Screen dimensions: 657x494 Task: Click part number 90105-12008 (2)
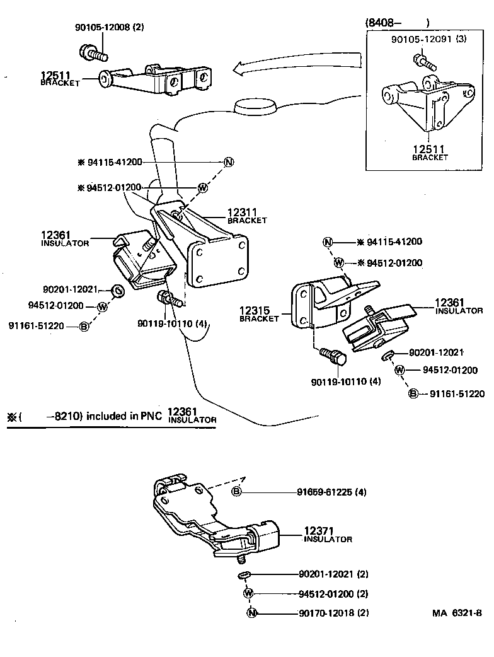point(109,28)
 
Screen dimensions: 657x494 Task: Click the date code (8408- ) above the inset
point(397,23)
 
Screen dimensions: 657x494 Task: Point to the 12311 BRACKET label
point(247,216)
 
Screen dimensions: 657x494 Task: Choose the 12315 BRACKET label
point(259,313)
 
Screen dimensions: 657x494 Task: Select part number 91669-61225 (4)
point(331,492)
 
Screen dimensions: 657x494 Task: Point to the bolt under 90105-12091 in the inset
point(420,61)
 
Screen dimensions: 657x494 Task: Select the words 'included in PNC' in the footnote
point(125,416)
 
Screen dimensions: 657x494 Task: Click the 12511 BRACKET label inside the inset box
point(430,153)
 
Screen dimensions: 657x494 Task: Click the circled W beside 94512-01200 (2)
point(248,593)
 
